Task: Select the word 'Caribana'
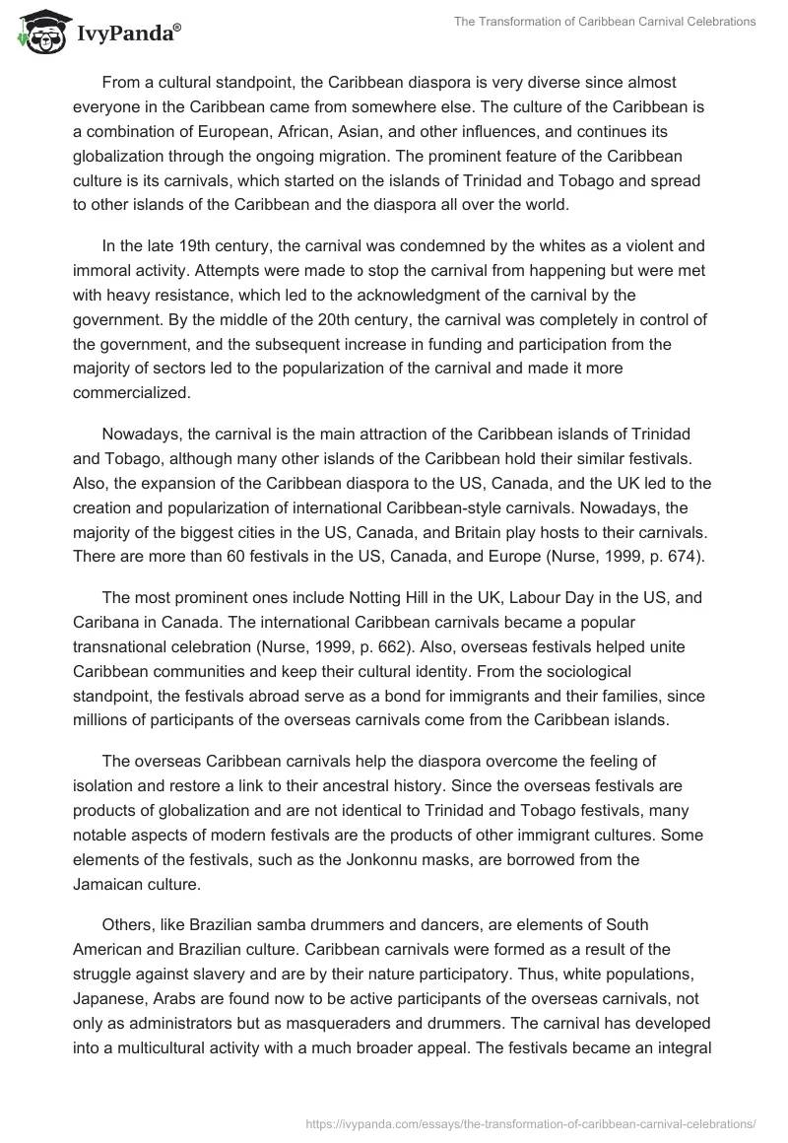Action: (105, 623)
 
